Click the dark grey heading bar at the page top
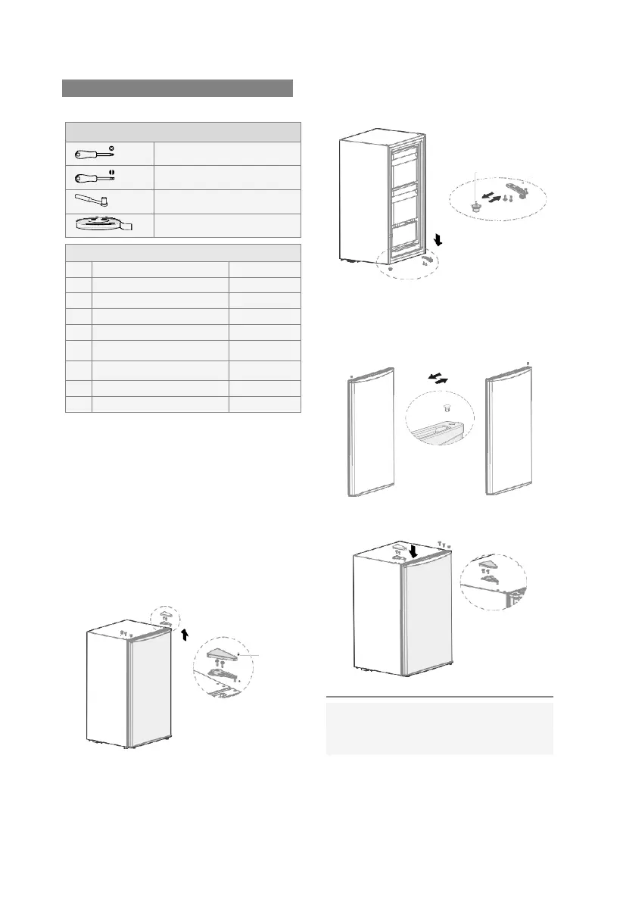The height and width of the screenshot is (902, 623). click(177, 87)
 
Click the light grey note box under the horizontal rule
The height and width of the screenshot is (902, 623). click(439, 728)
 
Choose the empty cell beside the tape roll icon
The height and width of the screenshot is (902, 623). click(227, 225)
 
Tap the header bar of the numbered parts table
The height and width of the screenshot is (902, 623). click(183, 253)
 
